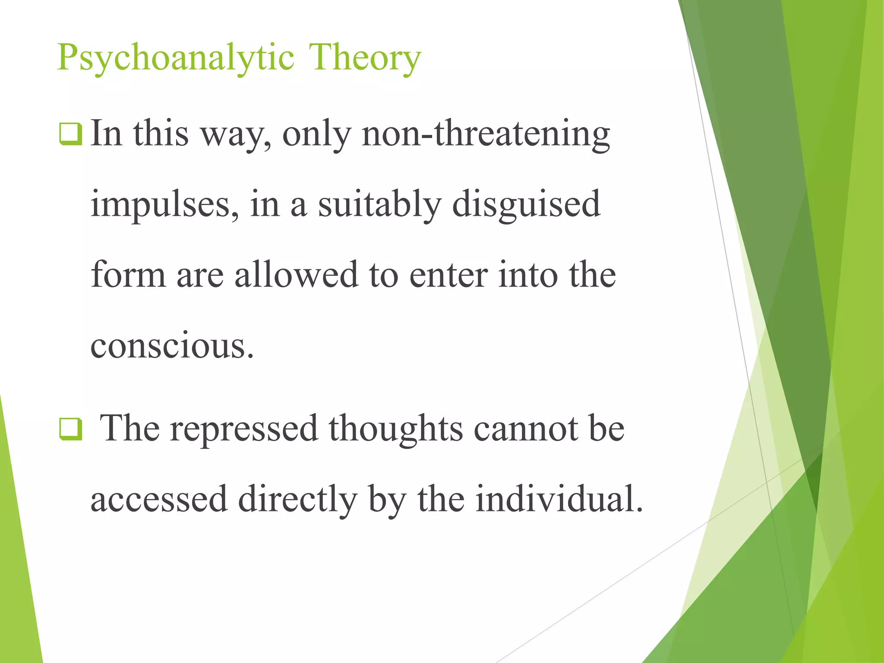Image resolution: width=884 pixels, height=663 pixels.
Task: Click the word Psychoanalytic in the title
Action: pyautogui.click(x=175, y=57)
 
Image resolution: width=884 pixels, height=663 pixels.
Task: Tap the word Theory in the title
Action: pyautogui.click(x=365, y=57)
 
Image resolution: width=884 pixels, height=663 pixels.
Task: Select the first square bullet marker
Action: pyautogui.click(x=70, y=134)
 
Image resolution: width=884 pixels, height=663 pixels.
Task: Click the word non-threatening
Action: pyautogui.click(x=486, y=133)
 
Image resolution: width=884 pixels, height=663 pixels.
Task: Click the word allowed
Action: pyautogui.click(x=296, y=275)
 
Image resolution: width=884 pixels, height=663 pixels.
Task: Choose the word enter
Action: pyautogui.click(x=448, y=275)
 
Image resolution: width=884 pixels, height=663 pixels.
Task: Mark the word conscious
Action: pyautogui.click(x=172, y=346)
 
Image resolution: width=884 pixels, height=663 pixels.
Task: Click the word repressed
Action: pyautogui.click(x=244, y=429)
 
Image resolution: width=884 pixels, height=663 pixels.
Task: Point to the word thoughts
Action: pyautogui.click(x=396, y=429)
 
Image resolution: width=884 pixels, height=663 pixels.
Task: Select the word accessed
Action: pyautogui.click(x=159, y=499)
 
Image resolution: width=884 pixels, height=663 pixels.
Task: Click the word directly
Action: pyautogui.click(x=297, y=499)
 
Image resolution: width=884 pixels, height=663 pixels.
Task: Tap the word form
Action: pyautogui.click(x=128, y=275)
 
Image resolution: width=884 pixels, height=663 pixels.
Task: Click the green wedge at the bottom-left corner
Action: pyautogui.click(x=17, y=583)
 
